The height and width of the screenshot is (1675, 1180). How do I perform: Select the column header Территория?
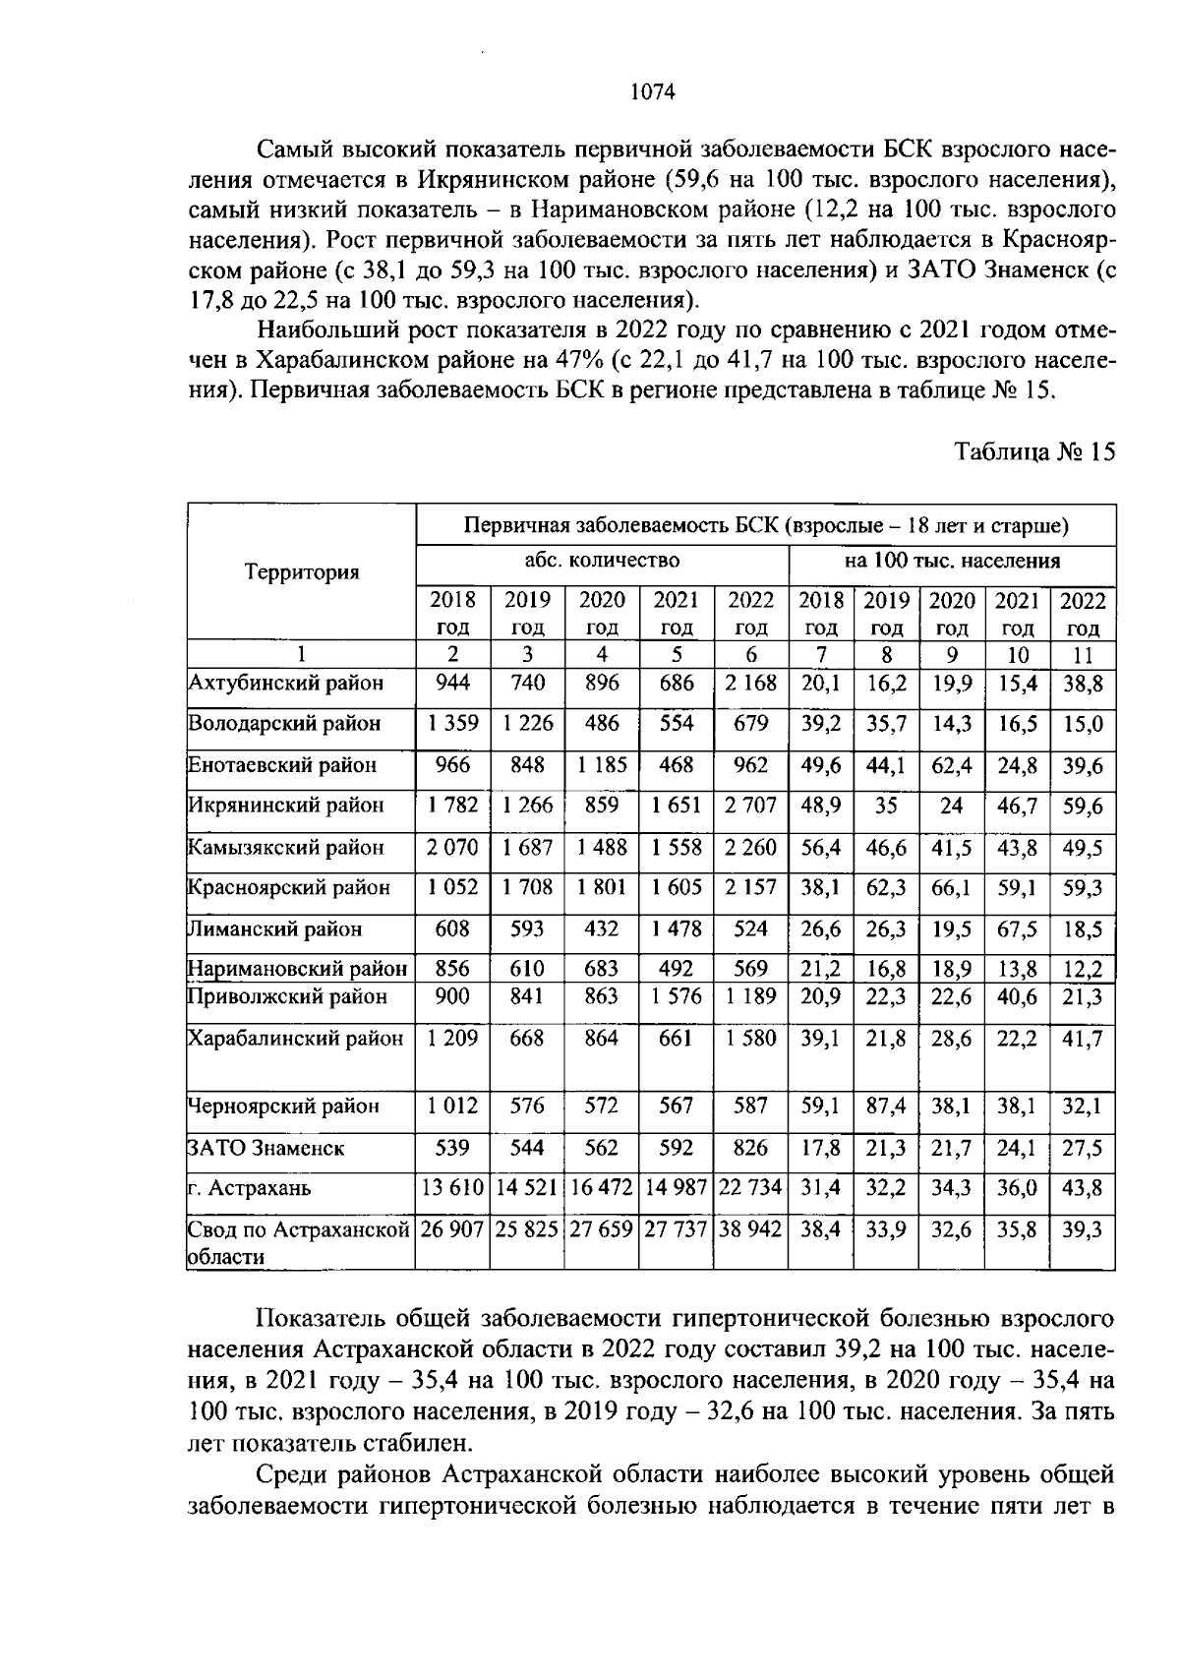302,572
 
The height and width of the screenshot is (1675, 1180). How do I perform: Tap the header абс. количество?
602,561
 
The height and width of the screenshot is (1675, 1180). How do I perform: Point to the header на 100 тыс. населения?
952,561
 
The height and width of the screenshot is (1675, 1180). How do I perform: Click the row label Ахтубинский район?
285,683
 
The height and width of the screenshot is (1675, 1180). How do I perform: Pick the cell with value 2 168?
750,683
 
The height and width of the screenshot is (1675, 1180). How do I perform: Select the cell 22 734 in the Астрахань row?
750,1188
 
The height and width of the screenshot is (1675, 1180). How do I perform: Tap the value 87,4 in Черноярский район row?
886,1107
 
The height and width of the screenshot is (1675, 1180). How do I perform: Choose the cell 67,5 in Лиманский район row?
1017,928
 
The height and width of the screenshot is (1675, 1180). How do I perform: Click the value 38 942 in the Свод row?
750,1230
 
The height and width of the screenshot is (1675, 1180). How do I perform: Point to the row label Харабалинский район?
296,1039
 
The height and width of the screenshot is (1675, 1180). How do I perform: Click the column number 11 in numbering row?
1083,655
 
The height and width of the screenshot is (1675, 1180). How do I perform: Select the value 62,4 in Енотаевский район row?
951,765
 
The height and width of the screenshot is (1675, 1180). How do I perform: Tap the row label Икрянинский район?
286,806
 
